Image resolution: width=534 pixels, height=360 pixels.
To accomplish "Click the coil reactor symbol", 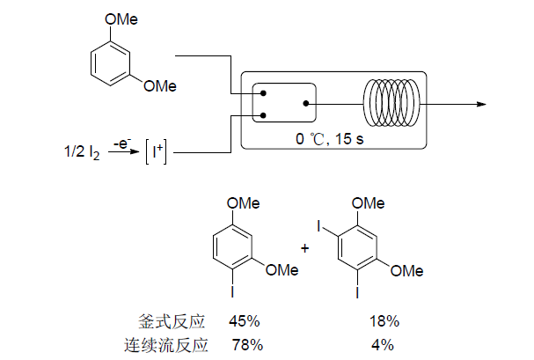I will (393, 103).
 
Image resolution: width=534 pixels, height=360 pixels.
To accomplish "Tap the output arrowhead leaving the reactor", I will (481, 103).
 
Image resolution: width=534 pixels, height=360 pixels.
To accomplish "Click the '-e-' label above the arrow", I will (122, 143).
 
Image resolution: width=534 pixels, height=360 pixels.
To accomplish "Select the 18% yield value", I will (384, 320).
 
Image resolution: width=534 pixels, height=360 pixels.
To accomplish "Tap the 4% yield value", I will (382, 344).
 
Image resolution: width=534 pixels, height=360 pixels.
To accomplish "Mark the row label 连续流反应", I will (173, 344).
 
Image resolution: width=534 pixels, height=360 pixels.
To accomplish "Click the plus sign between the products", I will (305, 248).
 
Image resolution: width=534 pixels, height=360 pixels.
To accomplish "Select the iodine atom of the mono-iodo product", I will (232, 291).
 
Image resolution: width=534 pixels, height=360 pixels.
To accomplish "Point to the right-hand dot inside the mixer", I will (305, 102).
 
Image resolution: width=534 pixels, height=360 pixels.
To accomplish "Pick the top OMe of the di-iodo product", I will (368, 203).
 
